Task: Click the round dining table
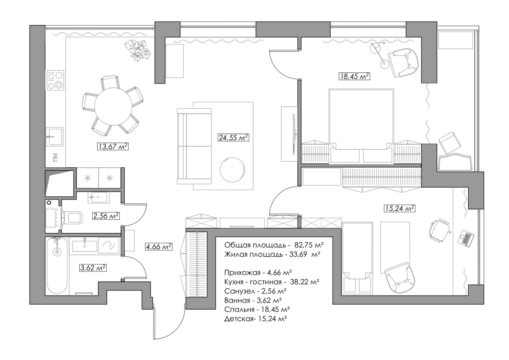click(113, 106)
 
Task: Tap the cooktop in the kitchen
click(55, 80)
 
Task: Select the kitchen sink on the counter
click(54, 136)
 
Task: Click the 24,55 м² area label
click(233, 138)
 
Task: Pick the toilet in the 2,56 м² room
click(73, 217)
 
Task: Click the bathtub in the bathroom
click(57, 266)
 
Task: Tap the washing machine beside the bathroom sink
click(109, 245)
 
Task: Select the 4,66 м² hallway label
click(159, 247)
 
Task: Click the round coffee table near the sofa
click(232, 170)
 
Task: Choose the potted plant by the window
click(137, 50)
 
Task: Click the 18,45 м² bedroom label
click(354, 76)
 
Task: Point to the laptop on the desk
click(466, 238)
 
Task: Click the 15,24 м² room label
click(399, 208)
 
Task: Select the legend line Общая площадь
click(274, 245)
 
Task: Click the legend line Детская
click(255, 319)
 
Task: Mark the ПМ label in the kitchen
click(55, 157)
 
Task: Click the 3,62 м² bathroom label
click(93, 268)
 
